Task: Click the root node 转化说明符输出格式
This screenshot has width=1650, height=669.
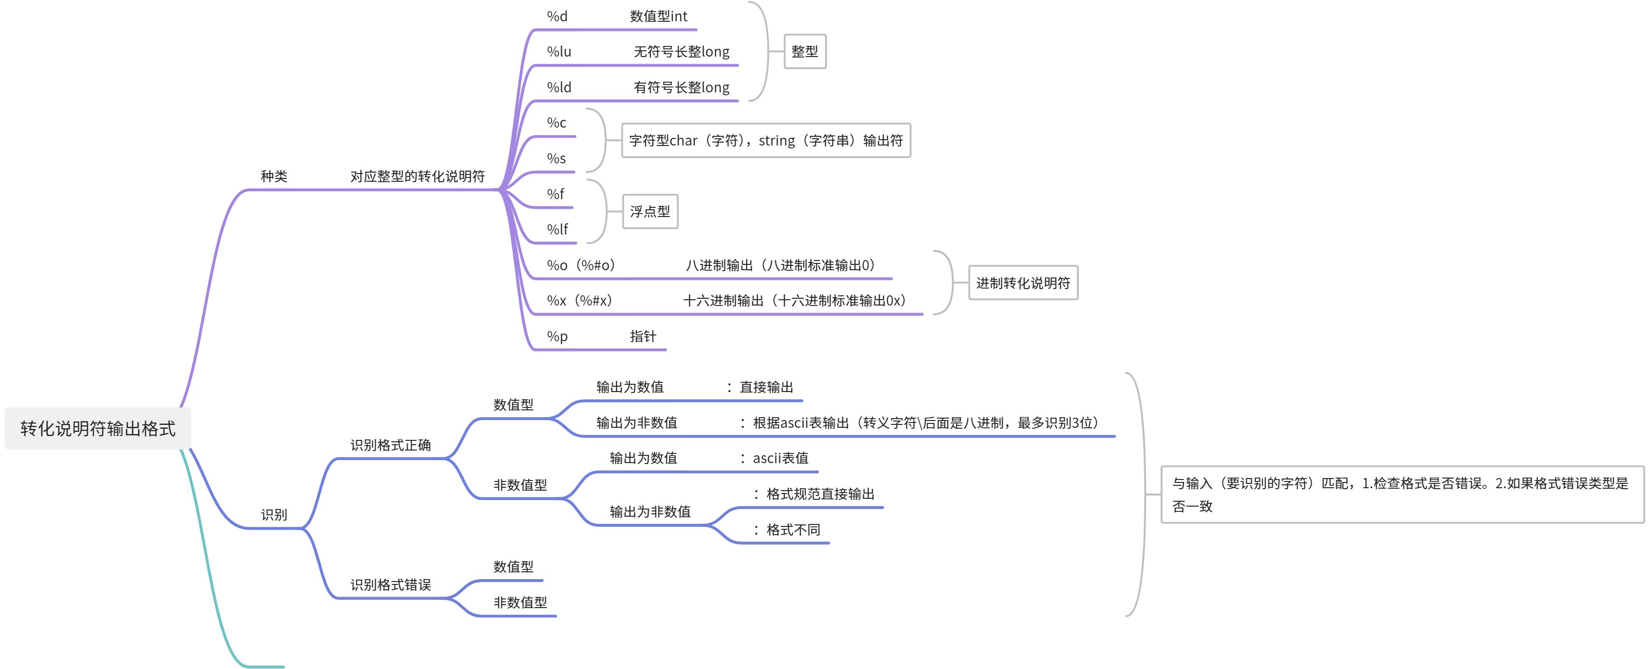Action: (97, 428)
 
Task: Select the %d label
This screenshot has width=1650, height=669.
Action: (557, 16)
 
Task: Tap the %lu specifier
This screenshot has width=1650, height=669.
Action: (559, 51)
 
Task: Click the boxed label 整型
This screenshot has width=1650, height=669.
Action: (805, 51)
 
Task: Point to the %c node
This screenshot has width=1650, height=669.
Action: (557, 122)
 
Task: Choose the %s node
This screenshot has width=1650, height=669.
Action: (557, 158)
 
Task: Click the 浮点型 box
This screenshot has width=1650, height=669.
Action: (649, 211)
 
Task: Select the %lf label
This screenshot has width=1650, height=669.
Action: (557, 229)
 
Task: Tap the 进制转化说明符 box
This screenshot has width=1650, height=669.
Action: (1022, 283)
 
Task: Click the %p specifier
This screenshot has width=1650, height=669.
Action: (557, 336)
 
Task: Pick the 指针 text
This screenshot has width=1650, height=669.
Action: (643, 336)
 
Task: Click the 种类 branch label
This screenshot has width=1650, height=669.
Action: (274, 176)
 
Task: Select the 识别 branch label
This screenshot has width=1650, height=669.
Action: (274, 514)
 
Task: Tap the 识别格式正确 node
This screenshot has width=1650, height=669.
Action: (390, 445)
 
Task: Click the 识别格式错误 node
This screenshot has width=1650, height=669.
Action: (390, 584)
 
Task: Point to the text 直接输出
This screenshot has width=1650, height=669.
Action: (766, 387)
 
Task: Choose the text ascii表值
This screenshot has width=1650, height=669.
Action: (780, 458)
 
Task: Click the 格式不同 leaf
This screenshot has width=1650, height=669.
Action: (793, 529)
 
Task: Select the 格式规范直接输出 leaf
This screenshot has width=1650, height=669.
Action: (820, 494)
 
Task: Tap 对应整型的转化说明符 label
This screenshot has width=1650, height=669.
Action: (417, 176)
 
